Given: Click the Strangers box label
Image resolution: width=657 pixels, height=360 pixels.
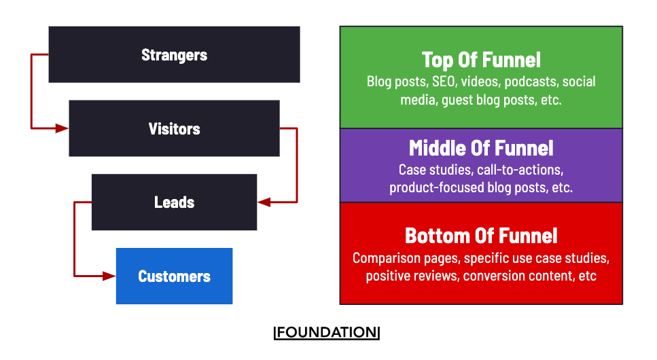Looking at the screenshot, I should pos(174,55).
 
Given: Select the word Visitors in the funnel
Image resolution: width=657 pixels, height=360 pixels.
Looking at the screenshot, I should pos(174,129).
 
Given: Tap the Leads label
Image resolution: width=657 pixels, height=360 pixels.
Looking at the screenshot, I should pos(174,202).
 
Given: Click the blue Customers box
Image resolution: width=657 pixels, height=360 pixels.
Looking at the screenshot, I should pos(174,276).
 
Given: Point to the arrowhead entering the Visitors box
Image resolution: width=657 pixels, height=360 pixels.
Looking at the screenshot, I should pos(63,128).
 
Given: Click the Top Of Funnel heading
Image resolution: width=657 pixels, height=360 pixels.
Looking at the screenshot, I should pos(481,60).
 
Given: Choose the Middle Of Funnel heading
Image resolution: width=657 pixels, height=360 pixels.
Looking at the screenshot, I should pos(481,148).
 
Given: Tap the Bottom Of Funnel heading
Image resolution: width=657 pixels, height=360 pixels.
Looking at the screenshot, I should pos(481,236).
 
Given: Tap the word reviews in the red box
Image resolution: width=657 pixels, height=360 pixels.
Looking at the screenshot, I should pos(437,276).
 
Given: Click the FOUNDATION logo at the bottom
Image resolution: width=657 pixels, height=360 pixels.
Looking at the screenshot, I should pos(327,333).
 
